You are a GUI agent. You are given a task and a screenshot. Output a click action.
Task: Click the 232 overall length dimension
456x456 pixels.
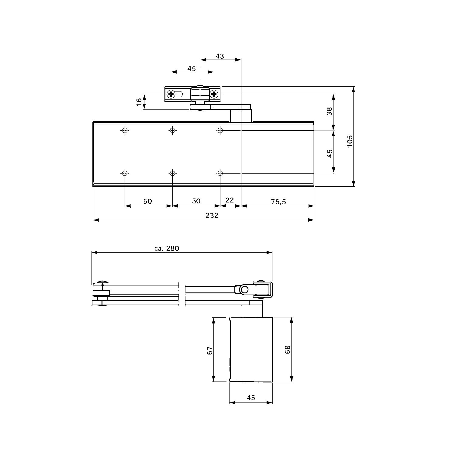pos(212,216)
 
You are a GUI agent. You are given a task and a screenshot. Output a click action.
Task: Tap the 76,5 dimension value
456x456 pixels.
pos(278,201)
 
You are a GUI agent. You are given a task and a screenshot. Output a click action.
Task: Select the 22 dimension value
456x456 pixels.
pos(230,200)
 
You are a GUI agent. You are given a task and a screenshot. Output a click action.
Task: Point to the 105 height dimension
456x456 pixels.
pos(350,141)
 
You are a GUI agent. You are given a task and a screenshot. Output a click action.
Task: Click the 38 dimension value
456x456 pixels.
pos(329,112)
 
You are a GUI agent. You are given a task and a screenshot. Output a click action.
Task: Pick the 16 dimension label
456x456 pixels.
pos(139,102)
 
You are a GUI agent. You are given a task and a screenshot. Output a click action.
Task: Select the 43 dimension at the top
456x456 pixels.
pos(220,56)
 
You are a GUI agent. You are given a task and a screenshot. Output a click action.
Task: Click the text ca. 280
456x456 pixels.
pos(167,248)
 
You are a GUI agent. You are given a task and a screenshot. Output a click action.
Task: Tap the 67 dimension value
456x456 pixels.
pos(209,350)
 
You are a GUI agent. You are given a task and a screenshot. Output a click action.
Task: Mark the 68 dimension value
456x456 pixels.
pos(288,350)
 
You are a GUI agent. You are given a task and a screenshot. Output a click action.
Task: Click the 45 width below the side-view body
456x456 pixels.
pos(251,398)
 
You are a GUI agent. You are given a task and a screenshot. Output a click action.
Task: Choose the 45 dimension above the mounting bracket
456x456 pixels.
pos(192,69)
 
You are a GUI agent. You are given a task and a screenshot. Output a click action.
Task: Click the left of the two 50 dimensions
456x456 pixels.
pos(147,201)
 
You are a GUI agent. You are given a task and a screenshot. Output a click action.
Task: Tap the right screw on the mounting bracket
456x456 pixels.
pos(214,94)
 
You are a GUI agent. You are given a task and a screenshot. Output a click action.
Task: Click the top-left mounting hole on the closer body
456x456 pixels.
pos(125,130)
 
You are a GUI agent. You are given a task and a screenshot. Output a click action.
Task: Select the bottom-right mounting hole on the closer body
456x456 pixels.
pos(220,173)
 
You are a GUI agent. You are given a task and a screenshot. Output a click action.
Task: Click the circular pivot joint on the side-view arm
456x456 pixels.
pos(244,290)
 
